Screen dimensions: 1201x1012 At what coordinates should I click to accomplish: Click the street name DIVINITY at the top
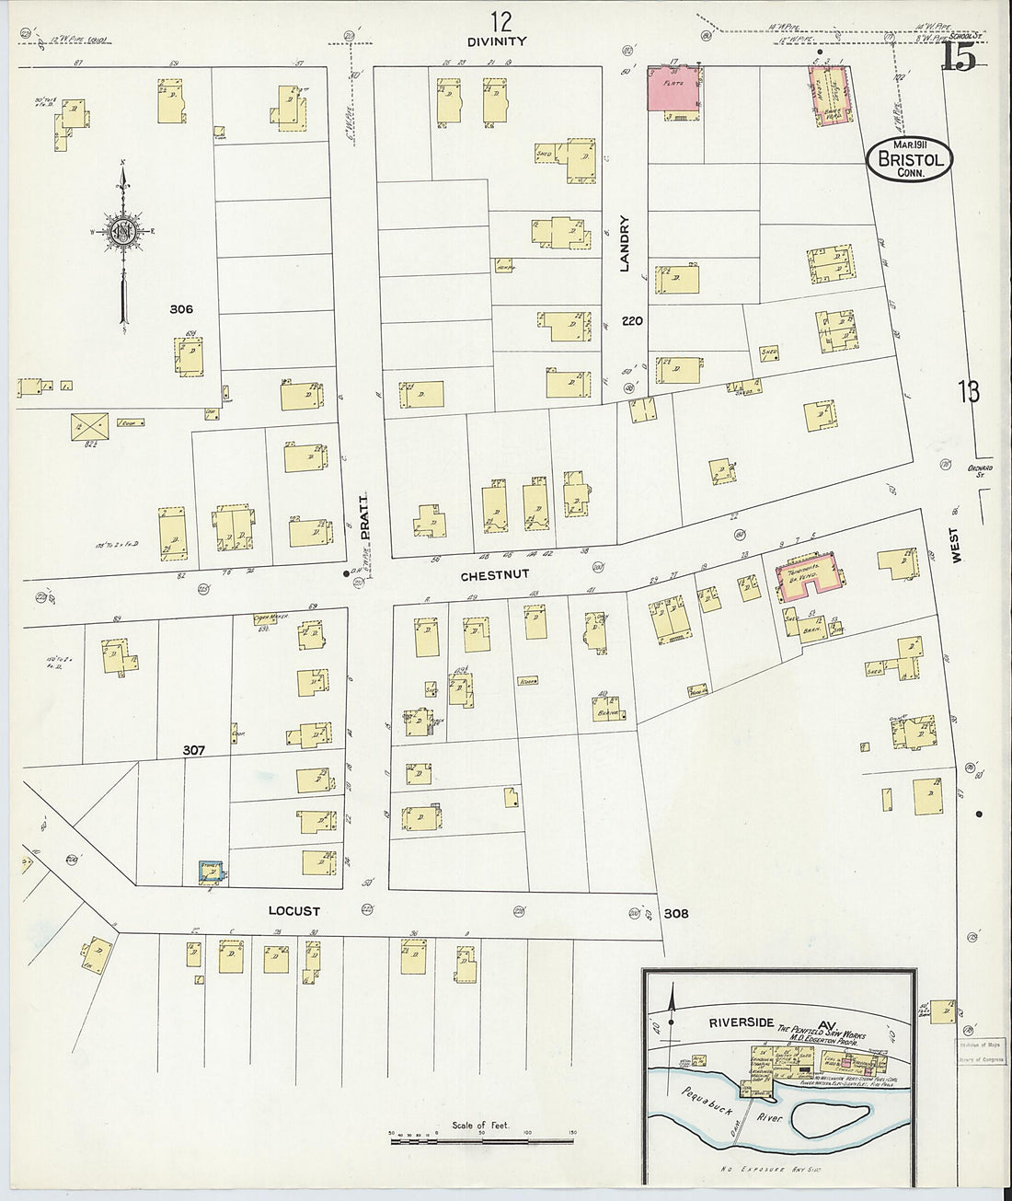coord(497,40)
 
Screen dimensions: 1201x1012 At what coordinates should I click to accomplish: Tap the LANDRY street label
coord(625,244)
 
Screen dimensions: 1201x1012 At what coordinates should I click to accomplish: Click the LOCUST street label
coord(293,911)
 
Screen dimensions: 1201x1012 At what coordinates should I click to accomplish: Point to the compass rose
coord(122,235)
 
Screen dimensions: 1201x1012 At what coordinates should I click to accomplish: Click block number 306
coord(181,309)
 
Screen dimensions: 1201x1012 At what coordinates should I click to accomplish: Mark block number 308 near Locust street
coord(675,914)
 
